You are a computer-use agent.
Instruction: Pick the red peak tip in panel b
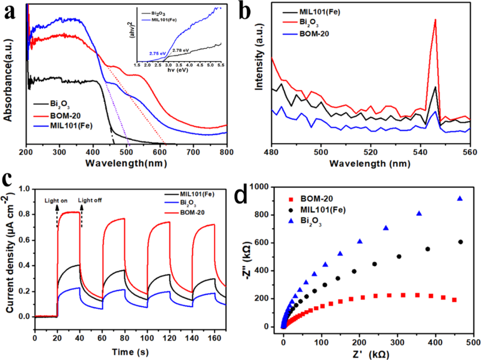tap(435, 19)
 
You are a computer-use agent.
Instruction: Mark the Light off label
tap(90, 201)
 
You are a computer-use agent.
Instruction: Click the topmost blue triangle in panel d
tap(460, 199)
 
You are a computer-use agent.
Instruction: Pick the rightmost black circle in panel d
tap(460, 242)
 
